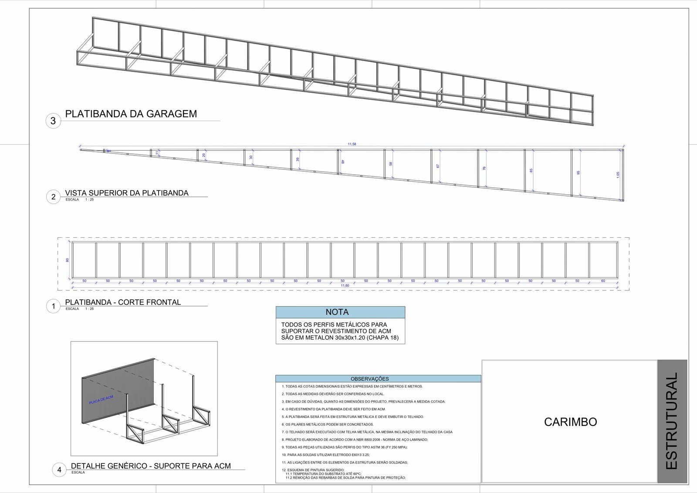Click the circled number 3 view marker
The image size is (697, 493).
pos(53,121)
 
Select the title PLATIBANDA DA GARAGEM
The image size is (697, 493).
pos(131,114)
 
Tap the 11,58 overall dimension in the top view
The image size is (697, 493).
pos(352,144)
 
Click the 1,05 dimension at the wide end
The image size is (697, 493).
pos(618,174)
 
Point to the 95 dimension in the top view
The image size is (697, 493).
pos(579,172)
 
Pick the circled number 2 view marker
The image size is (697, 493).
pos(53,197)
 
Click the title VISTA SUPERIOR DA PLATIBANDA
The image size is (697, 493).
pos(127,193)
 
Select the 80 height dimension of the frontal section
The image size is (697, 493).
pos(68,260)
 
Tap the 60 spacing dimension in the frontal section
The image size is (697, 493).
pos(603,281)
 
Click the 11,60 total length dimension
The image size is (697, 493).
pos(345,286)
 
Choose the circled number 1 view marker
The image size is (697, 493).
pos(53,306)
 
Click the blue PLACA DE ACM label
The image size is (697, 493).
pos(101,400)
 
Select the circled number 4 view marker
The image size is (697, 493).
pos(59,470)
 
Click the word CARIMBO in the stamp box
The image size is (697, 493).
pos(570,422)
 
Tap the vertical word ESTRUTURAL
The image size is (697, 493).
pos(672,421)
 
